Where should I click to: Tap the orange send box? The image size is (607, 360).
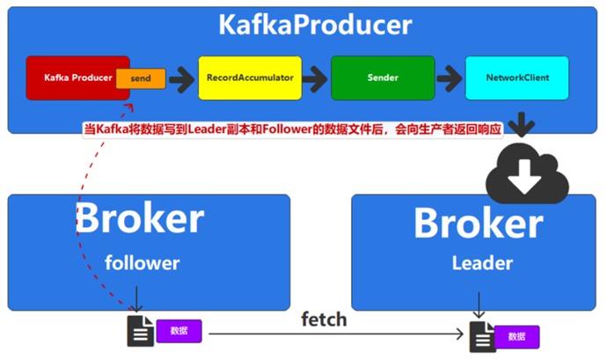[141, 78]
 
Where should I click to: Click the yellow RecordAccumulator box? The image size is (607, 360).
[250, 77]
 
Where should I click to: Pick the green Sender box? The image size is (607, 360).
[383, 77]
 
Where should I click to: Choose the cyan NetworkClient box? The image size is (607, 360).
[517, 77]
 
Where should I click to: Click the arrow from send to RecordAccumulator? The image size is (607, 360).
[181, 78]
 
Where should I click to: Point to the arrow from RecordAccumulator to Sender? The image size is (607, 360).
[316, 78]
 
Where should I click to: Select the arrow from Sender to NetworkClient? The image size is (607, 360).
[450, 78]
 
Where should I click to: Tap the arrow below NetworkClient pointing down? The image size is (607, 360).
[521, 122]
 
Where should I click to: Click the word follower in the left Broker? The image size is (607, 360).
[142, 262]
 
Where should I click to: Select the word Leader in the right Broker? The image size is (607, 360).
[482, 262]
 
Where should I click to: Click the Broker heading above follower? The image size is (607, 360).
[140, 217]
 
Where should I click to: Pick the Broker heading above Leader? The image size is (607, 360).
[478, 223]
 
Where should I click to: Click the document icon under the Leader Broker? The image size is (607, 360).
[480, 335]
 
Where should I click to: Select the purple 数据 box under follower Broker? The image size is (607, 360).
[179, 331]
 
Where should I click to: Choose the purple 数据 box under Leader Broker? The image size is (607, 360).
[517, 337]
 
